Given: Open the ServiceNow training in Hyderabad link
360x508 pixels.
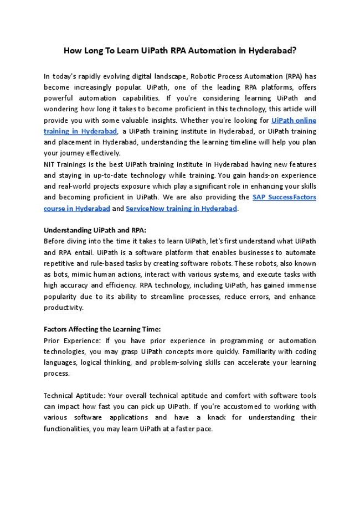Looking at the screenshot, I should click(181, 208).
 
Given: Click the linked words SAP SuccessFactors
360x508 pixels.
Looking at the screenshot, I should click(284, 197).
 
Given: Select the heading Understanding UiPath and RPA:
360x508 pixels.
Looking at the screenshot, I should click(95, 230).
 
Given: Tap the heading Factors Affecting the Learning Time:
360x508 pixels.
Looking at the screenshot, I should click(102, 329).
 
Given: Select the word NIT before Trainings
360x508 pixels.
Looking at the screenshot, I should click(50, 164).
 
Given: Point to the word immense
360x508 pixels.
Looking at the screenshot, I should click(302, 285).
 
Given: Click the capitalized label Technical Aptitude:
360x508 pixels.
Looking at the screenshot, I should click(74, 396).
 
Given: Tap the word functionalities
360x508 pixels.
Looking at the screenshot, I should click(70, 428).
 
